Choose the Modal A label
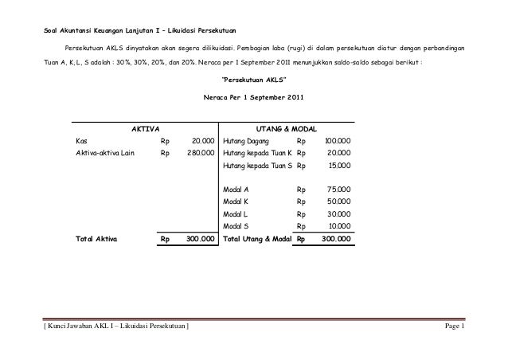236,190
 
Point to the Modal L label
236,213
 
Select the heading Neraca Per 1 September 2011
253,99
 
